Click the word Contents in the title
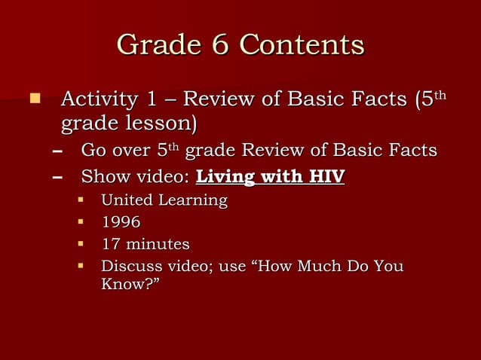pos(302,45)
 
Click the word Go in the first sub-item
pos(93,151)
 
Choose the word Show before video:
pos(106,178)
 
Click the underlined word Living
pos(225,178)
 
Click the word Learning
pos(191,201)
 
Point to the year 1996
pos(121,222)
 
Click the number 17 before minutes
pos(110,245)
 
